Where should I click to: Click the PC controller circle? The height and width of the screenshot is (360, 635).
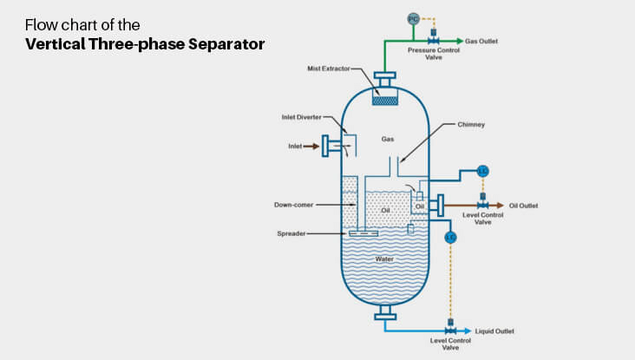(x=413, y=19)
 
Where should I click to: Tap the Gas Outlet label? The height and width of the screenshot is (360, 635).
(x=481, y=41)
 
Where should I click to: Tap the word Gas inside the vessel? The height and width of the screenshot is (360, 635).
(x=387, y=139)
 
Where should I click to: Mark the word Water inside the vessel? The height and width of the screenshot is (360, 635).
(x=385, y=259)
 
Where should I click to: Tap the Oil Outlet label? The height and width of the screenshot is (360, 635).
(x=523, y=206)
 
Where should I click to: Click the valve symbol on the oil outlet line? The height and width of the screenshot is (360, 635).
(x=483, y=206)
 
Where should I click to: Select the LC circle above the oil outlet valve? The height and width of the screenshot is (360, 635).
(x=483, y=170)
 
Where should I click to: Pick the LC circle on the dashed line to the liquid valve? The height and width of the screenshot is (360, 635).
(x=450, y=237)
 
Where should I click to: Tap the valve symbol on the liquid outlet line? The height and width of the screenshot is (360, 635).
(x=450, y=331)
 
